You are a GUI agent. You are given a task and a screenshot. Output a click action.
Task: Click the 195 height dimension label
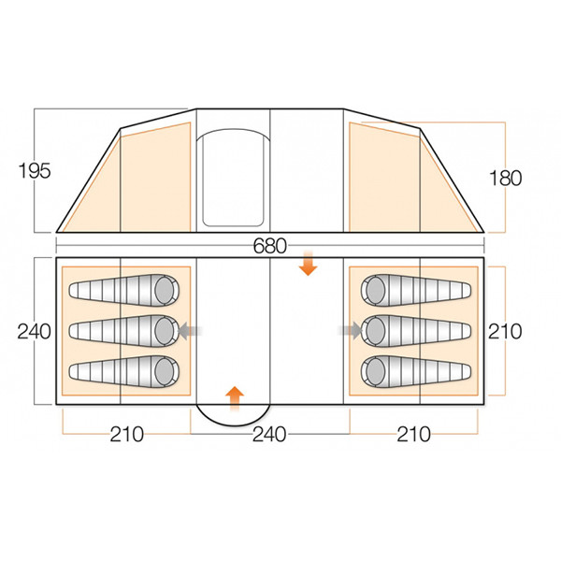(33, 170)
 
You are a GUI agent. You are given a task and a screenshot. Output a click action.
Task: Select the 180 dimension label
(504, 177)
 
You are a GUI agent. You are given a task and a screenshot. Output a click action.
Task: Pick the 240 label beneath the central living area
(268, 434)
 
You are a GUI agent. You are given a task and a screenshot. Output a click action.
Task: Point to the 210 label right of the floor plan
(504, 331)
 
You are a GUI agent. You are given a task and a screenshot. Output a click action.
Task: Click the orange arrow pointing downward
(306, 267)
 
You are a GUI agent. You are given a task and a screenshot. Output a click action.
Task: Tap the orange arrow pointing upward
(235, 395)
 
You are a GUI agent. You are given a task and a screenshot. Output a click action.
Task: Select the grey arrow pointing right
(352, 329)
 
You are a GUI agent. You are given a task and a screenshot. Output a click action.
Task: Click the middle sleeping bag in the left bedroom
(122, 329)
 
